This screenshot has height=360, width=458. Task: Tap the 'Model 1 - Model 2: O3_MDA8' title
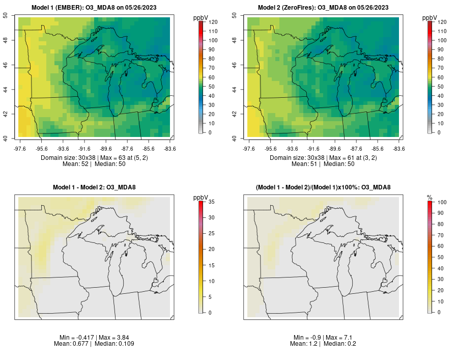(x=94, y=188)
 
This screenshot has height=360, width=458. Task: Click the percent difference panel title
(x=323, y=188)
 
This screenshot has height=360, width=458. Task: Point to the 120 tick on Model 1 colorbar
(x=213, y=22)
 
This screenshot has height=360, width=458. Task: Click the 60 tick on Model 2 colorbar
(x=442, y=77)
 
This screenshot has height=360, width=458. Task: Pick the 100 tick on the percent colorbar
(x=442, y=202)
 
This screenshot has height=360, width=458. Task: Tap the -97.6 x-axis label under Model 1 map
(x=20, y=149)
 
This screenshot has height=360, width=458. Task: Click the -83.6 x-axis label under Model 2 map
(x=399, y=149)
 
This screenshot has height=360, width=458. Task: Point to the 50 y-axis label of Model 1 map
(x=6, y=15)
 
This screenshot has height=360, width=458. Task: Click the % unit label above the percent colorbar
(x=430, y=197)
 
